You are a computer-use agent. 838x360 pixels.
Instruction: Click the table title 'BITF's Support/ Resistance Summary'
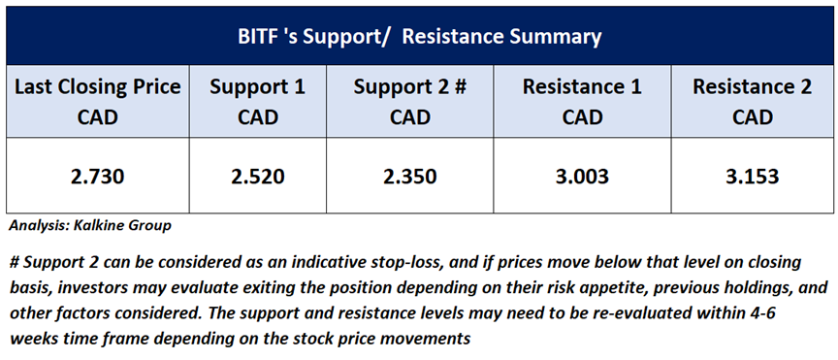419,37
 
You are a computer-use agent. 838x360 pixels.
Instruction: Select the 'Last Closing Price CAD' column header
97,102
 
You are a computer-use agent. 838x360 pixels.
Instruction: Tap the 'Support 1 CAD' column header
257,102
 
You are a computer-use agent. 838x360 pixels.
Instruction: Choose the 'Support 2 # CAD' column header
410,102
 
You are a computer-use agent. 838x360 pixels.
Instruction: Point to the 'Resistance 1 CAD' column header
582,102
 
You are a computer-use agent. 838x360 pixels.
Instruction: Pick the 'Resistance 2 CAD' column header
753,102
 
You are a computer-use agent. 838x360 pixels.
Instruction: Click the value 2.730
97,176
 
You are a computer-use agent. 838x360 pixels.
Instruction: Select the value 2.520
257,176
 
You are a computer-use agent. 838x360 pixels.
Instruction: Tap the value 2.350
410,176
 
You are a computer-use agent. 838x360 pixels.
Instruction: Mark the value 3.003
582,176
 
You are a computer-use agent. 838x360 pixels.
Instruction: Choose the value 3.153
753,176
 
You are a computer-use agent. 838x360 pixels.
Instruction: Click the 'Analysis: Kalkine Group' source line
90,226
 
